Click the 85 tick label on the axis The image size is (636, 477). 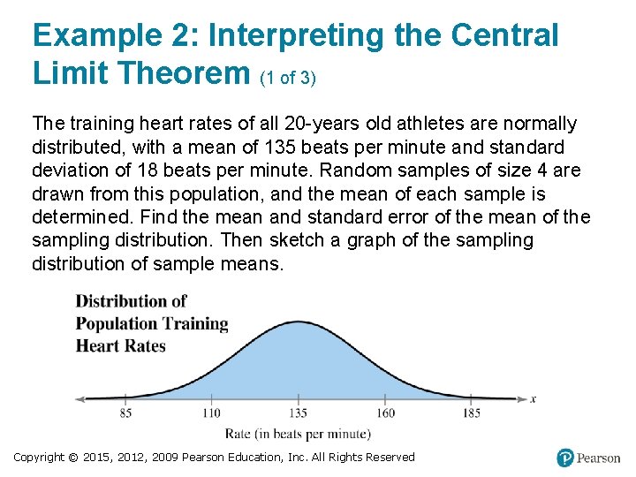125,413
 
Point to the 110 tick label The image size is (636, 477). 211,413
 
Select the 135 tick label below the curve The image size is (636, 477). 298,413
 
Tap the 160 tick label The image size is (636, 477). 385,413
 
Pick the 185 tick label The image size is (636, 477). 471,413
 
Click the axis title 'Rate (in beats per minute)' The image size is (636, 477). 298,434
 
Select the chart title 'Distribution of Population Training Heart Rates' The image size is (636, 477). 152,323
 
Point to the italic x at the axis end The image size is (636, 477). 533,398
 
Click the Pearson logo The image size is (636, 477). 588,458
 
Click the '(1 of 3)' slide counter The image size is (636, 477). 288,78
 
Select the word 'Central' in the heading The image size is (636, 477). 504,35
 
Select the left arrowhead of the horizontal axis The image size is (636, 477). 79,398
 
